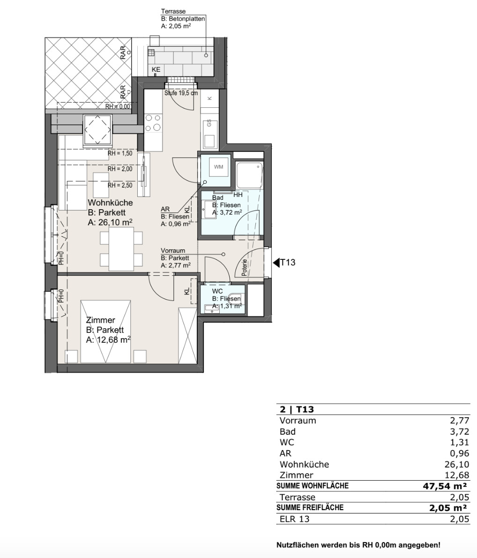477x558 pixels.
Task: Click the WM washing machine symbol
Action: pos(218,166)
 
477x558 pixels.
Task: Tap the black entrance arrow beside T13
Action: pos(276,263)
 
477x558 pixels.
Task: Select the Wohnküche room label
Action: pos(110,203)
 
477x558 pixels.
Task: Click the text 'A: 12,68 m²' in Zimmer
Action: pos(109,339)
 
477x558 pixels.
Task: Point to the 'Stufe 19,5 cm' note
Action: pos(181,93)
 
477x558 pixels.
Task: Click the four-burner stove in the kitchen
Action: pos(153,123)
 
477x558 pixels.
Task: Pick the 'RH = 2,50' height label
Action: pos(120,185)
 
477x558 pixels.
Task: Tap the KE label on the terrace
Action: pos(156,69)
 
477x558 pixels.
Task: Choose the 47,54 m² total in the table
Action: pos(445,486)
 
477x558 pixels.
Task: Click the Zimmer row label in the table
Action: pos(296,475)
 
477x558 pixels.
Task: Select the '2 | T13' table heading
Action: pos(297,410)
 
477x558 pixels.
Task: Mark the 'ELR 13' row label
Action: pos(295,519)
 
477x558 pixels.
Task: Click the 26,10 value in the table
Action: pos(460,464)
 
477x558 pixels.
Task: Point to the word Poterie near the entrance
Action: pos(245,268)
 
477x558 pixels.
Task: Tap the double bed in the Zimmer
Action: pos(105,332)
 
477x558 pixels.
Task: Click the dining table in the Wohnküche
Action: pos(121,249)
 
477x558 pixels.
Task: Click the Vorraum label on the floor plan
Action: pos(173,250)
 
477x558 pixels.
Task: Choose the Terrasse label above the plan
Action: pos(173,11)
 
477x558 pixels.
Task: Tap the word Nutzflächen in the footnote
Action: pos(298,545)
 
